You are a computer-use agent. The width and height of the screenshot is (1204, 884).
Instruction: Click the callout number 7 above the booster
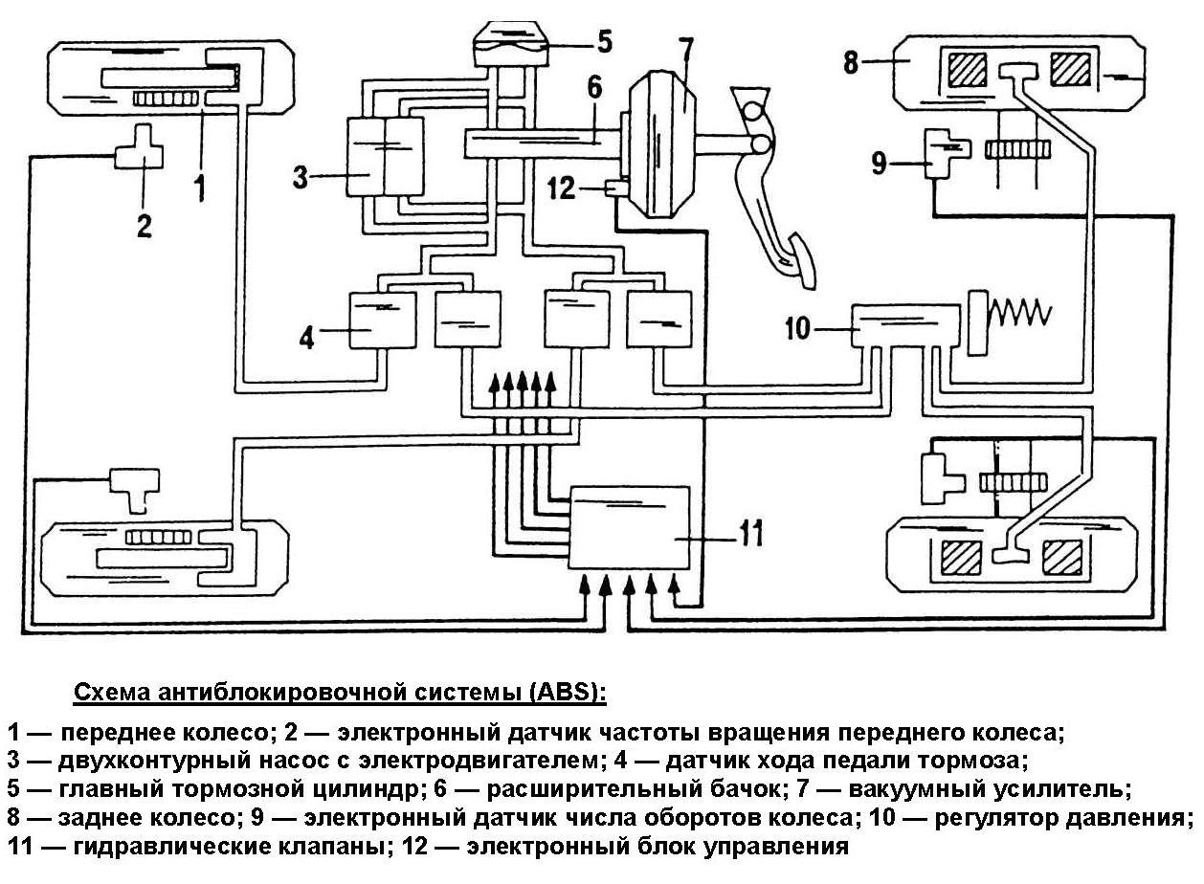click(685, 55)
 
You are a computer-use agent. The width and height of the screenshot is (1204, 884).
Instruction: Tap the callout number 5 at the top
click(605, 41)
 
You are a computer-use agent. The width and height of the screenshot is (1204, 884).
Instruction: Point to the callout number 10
click(797, 328)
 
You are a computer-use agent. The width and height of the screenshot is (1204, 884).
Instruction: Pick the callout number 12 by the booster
click(561, 188)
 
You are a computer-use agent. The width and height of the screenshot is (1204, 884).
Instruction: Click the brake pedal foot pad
click(802, 262)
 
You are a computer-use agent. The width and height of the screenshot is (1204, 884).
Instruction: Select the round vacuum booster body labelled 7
click(660, 145)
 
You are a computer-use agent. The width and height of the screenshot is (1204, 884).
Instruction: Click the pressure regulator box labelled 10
click(905, 325)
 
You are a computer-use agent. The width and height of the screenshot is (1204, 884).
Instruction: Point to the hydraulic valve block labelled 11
click(629, 528)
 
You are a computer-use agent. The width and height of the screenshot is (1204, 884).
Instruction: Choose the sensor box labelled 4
click(382, 320)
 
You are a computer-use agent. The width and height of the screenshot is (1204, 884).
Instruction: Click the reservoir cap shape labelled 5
click(511, 43)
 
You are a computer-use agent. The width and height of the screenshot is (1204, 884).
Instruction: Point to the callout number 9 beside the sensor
click(879, 162)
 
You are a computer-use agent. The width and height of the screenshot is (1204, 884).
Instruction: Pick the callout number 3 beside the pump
click(300, 176)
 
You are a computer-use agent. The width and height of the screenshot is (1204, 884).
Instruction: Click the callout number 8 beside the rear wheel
click(850, 62)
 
